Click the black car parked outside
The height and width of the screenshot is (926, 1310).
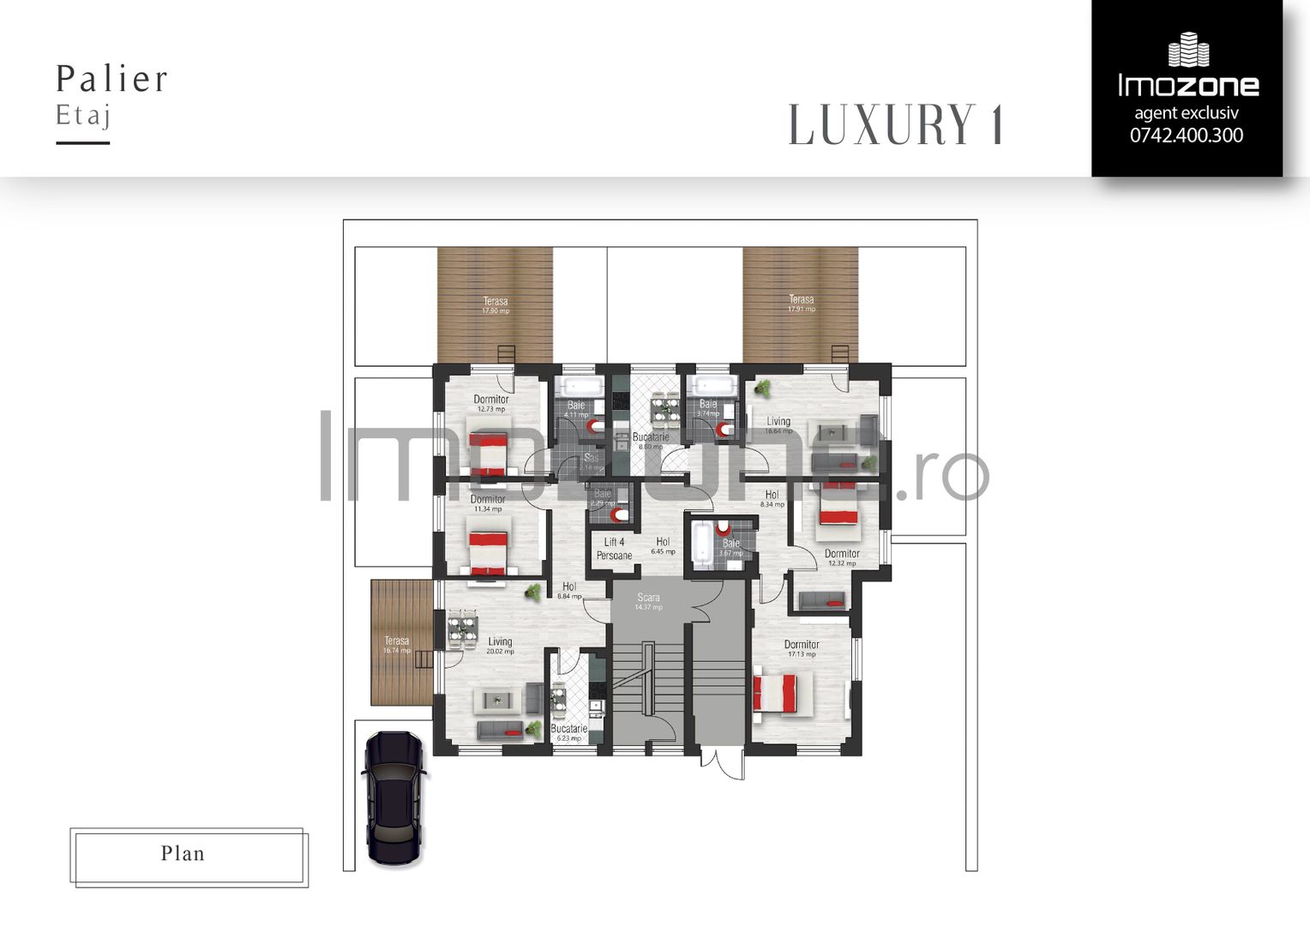tap(394, 797)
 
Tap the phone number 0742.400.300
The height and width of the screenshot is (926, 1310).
tap(1186, 135)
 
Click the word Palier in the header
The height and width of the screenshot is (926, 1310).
tap(112, 79)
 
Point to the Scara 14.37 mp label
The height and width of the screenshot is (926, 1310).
tap(648, 601)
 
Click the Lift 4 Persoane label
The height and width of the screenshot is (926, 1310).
tap(614, 549)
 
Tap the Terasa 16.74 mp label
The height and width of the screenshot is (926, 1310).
tap(397, 645)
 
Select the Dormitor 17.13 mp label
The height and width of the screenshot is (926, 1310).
tap(802, 648)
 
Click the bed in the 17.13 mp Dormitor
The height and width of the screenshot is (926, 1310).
tap(775, 693)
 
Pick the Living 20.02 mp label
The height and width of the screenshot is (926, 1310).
tap(500, 645)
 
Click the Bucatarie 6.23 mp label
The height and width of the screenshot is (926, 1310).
tap(569, 732)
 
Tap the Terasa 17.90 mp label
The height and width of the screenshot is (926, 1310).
tap(496, 304)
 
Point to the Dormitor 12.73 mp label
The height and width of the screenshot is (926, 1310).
tap(491, 403)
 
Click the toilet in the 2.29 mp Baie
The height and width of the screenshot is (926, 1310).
tap(619, 515)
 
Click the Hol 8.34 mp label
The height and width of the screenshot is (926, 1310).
tap(772, 498)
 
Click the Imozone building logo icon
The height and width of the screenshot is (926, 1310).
tap(1188, 50)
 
